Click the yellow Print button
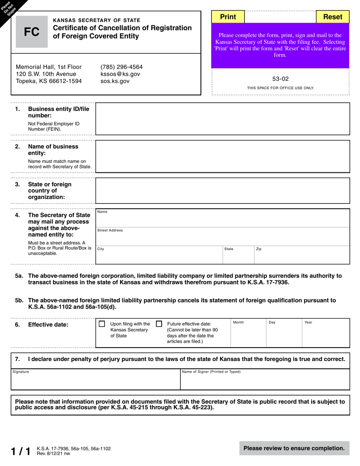point(228,17)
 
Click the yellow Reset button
point(332,17)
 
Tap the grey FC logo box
point(31,32)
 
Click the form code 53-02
point(280,79)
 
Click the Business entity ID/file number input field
point(222,119)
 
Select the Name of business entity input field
point(222,156)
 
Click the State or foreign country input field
point(222,191)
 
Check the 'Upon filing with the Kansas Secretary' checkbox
point(102,324)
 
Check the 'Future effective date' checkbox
point(159,324)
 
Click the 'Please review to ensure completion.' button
point(294,448)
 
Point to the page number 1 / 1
point(20,451)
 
